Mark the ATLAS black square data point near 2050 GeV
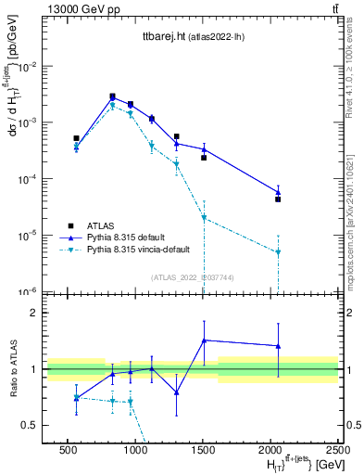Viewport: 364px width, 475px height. click(x=278, y=199)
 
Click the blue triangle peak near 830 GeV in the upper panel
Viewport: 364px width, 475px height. click(x=112, y=97)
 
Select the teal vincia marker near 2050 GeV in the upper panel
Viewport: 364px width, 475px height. click(x=278, y=252)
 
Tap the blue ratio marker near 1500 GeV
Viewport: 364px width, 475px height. click(x=204, y=340)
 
